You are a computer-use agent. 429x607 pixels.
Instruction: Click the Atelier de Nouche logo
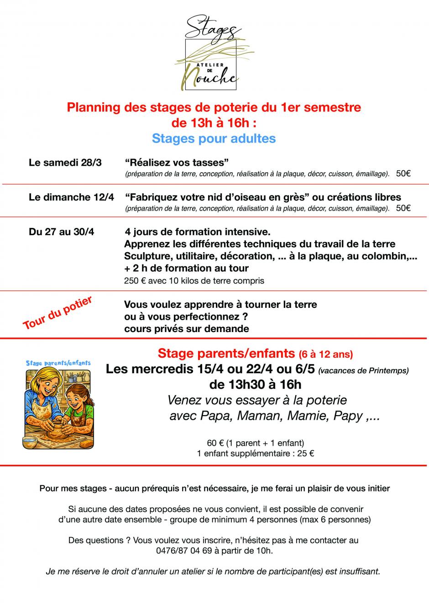click(x=214, y=53)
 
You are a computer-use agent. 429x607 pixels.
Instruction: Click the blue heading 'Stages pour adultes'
click(x=214, y=138)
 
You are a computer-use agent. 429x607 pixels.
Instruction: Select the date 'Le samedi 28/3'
click(x=65, y=163)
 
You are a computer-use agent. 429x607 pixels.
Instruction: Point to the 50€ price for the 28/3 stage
click(x=403, y=174)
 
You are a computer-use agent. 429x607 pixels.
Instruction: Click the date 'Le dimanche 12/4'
click(x=72, y=197)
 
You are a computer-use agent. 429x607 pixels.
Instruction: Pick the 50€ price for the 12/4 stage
click(x=403, y=208)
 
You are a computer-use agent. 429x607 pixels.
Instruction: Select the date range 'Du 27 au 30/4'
click(x=62, y=232)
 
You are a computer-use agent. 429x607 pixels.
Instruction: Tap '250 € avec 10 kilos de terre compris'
click(x=194, y=280)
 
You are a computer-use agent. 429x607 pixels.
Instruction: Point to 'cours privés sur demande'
click(x=186, y=328)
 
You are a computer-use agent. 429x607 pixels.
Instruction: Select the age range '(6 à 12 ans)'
click(x=326, y=354)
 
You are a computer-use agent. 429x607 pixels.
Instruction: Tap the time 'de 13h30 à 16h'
click(x=255, y=385)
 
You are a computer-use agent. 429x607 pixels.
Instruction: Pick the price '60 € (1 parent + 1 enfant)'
click(x=255, y=443)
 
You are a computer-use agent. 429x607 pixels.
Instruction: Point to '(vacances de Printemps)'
click(x=363, y=370)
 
